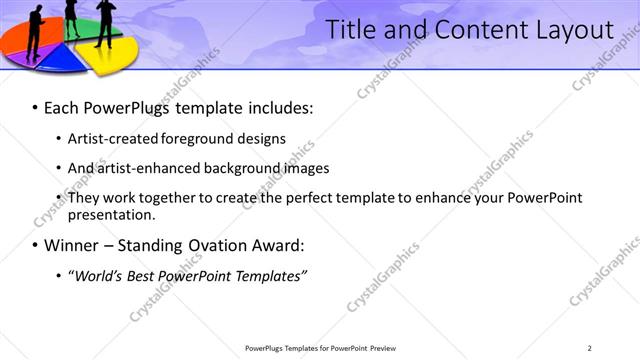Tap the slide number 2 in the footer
[589, 348]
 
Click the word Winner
[72, 245]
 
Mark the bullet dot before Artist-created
[59, 139]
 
